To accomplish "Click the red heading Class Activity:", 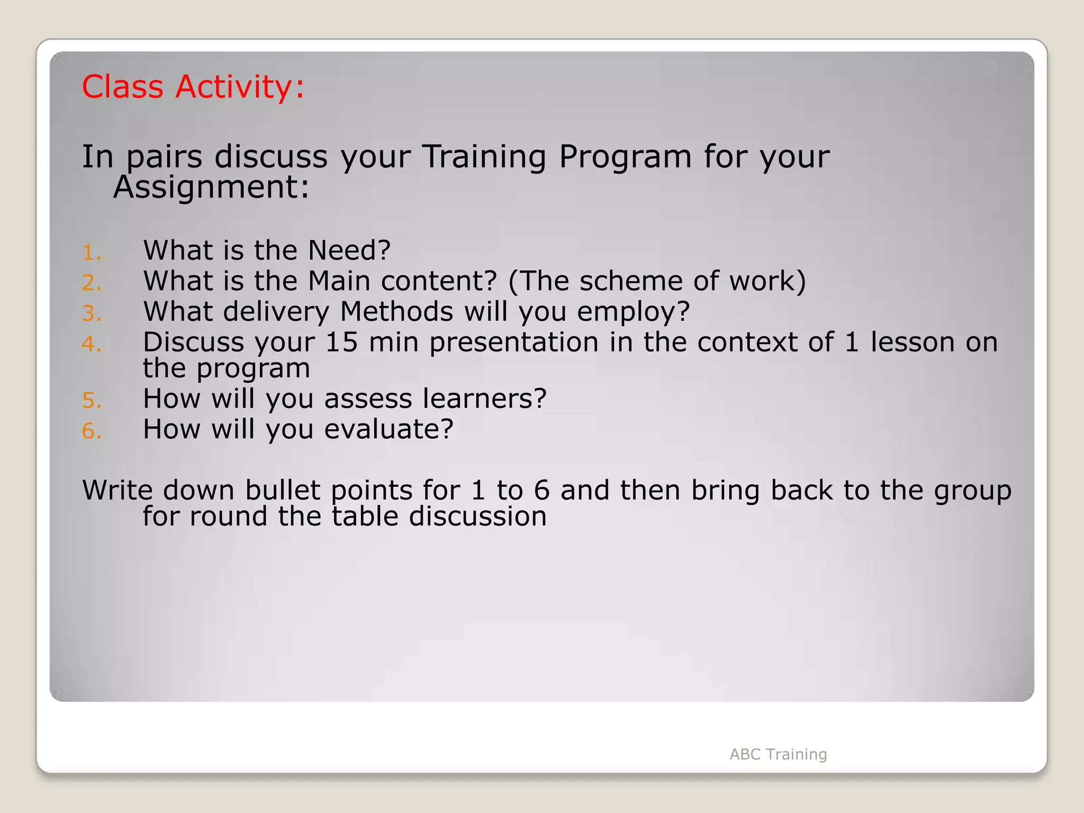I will (193, 86).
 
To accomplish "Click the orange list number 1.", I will (91, 252).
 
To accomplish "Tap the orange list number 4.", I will (91, 344).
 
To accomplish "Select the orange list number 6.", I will (91, 431).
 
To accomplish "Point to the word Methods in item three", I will (396, 311).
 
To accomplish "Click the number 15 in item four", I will (341, 342).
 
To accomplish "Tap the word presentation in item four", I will (513, 343).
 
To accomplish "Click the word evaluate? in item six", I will (389, 429).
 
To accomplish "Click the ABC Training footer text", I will (778, 754).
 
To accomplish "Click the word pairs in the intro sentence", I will (164, 158).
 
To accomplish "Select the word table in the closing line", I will (365, 516).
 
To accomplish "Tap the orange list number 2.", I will (91, 283).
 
